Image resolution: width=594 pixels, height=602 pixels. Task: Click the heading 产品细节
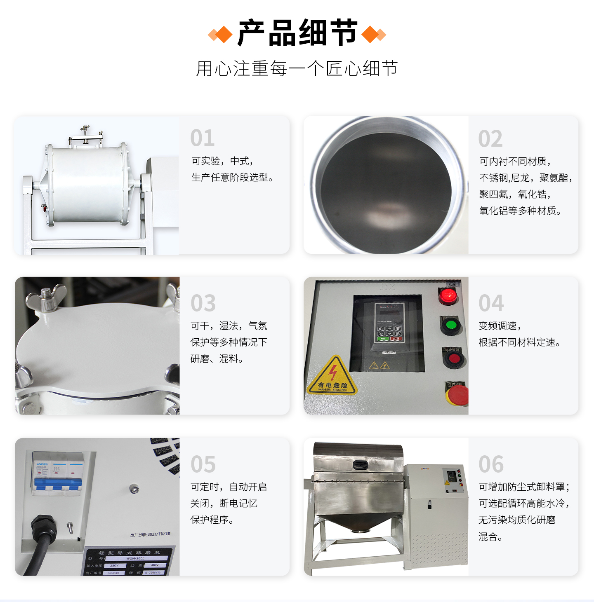(x=297, y=33)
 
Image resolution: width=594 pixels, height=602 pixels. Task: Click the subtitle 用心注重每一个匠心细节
(x=297, y=68)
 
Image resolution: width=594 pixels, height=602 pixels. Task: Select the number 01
(x=203, y=138)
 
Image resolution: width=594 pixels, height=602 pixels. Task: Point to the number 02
(x=490, y=139)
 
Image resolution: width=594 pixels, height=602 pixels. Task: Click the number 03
(x=203, y=303)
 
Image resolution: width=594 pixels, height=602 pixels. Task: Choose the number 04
(x=491, y=303)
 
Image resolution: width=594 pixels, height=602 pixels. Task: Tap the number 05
(x=203, y=464)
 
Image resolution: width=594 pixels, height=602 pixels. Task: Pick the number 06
(x=491, y=464)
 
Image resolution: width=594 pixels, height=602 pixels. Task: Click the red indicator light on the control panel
(x=448, y=295)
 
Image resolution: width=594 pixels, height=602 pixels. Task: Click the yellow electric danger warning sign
(x=332, y=376)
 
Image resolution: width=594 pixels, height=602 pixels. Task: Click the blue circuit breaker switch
(x=57, y=484)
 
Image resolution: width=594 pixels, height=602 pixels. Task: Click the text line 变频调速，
(x=500, y=326)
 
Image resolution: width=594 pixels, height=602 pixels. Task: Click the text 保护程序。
(x=212, y=520)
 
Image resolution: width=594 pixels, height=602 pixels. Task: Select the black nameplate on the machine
(x=128, y=561)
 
